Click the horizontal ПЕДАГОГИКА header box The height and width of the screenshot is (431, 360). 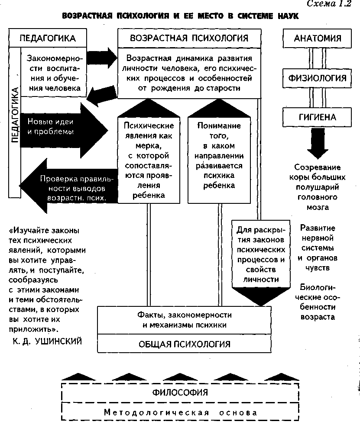click(x=48, y=38)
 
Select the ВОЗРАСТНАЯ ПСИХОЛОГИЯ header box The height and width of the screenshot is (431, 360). click(x=189, y=38)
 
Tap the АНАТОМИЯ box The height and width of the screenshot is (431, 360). click(x=318, y=38)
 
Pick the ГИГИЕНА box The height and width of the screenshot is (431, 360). click(x=318, y=117)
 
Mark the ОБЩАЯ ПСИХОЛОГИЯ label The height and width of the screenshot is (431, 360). click(x=184, y=344)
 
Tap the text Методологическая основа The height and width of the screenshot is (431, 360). click(x=181, y=412)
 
